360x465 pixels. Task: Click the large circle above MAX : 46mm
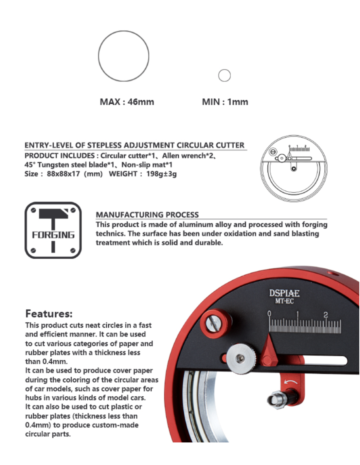[123, 56]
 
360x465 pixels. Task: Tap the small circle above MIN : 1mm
[224, 75]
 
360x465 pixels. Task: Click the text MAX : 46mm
[127, 102]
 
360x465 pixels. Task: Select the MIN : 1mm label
[225, 102]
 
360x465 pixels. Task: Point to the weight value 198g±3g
[161, 174]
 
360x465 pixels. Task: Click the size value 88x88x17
[64, 174]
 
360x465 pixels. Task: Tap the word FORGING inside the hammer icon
[53, 235]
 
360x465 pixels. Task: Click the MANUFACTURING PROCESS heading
[147, 215]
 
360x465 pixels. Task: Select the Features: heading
[49, 314]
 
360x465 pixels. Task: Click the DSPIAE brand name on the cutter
[284, 293]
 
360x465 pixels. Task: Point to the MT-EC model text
[284, 301]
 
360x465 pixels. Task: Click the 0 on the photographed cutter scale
[269, 314]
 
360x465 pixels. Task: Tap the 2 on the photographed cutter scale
[325, 315]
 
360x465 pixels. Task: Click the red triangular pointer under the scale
[269, 352]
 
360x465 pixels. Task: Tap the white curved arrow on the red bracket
[291, 382]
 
